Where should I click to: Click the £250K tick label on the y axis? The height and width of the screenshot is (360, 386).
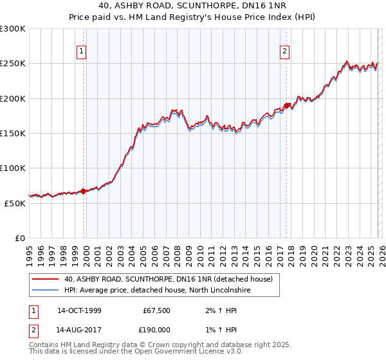(13, 64)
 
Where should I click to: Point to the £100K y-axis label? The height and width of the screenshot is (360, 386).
(13, 168)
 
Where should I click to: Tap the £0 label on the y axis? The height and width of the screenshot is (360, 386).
(20, 239)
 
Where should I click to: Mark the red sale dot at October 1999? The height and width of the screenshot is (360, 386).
(84, 191)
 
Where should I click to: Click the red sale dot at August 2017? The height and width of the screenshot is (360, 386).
(286, 105)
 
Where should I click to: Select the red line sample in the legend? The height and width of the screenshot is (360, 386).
(45, 280)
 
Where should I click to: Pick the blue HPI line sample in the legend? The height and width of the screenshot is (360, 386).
(45, 291)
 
